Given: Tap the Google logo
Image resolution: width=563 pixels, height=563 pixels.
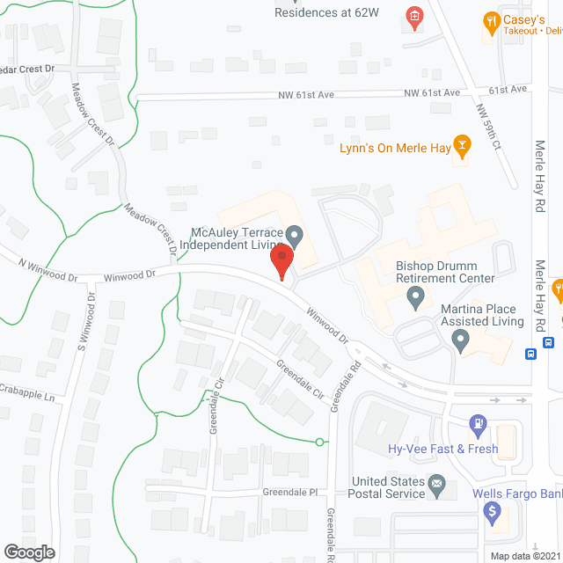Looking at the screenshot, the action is point(28,552).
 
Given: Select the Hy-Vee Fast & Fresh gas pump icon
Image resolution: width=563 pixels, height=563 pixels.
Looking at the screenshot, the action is point(478,426).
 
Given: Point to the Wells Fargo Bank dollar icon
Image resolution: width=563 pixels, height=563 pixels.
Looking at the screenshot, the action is point(493,510).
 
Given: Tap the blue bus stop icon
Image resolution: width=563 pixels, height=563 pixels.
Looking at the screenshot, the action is point(531,355).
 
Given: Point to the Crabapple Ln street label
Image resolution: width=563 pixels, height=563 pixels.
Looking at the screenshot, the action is point(26,392).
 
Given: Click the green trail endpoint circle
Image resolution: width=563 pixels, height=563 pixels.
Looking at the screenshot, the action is point(320,442).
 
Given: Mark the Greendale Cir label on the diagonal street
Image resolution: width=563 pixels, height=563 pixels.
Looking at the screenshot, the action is point(300,378).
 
